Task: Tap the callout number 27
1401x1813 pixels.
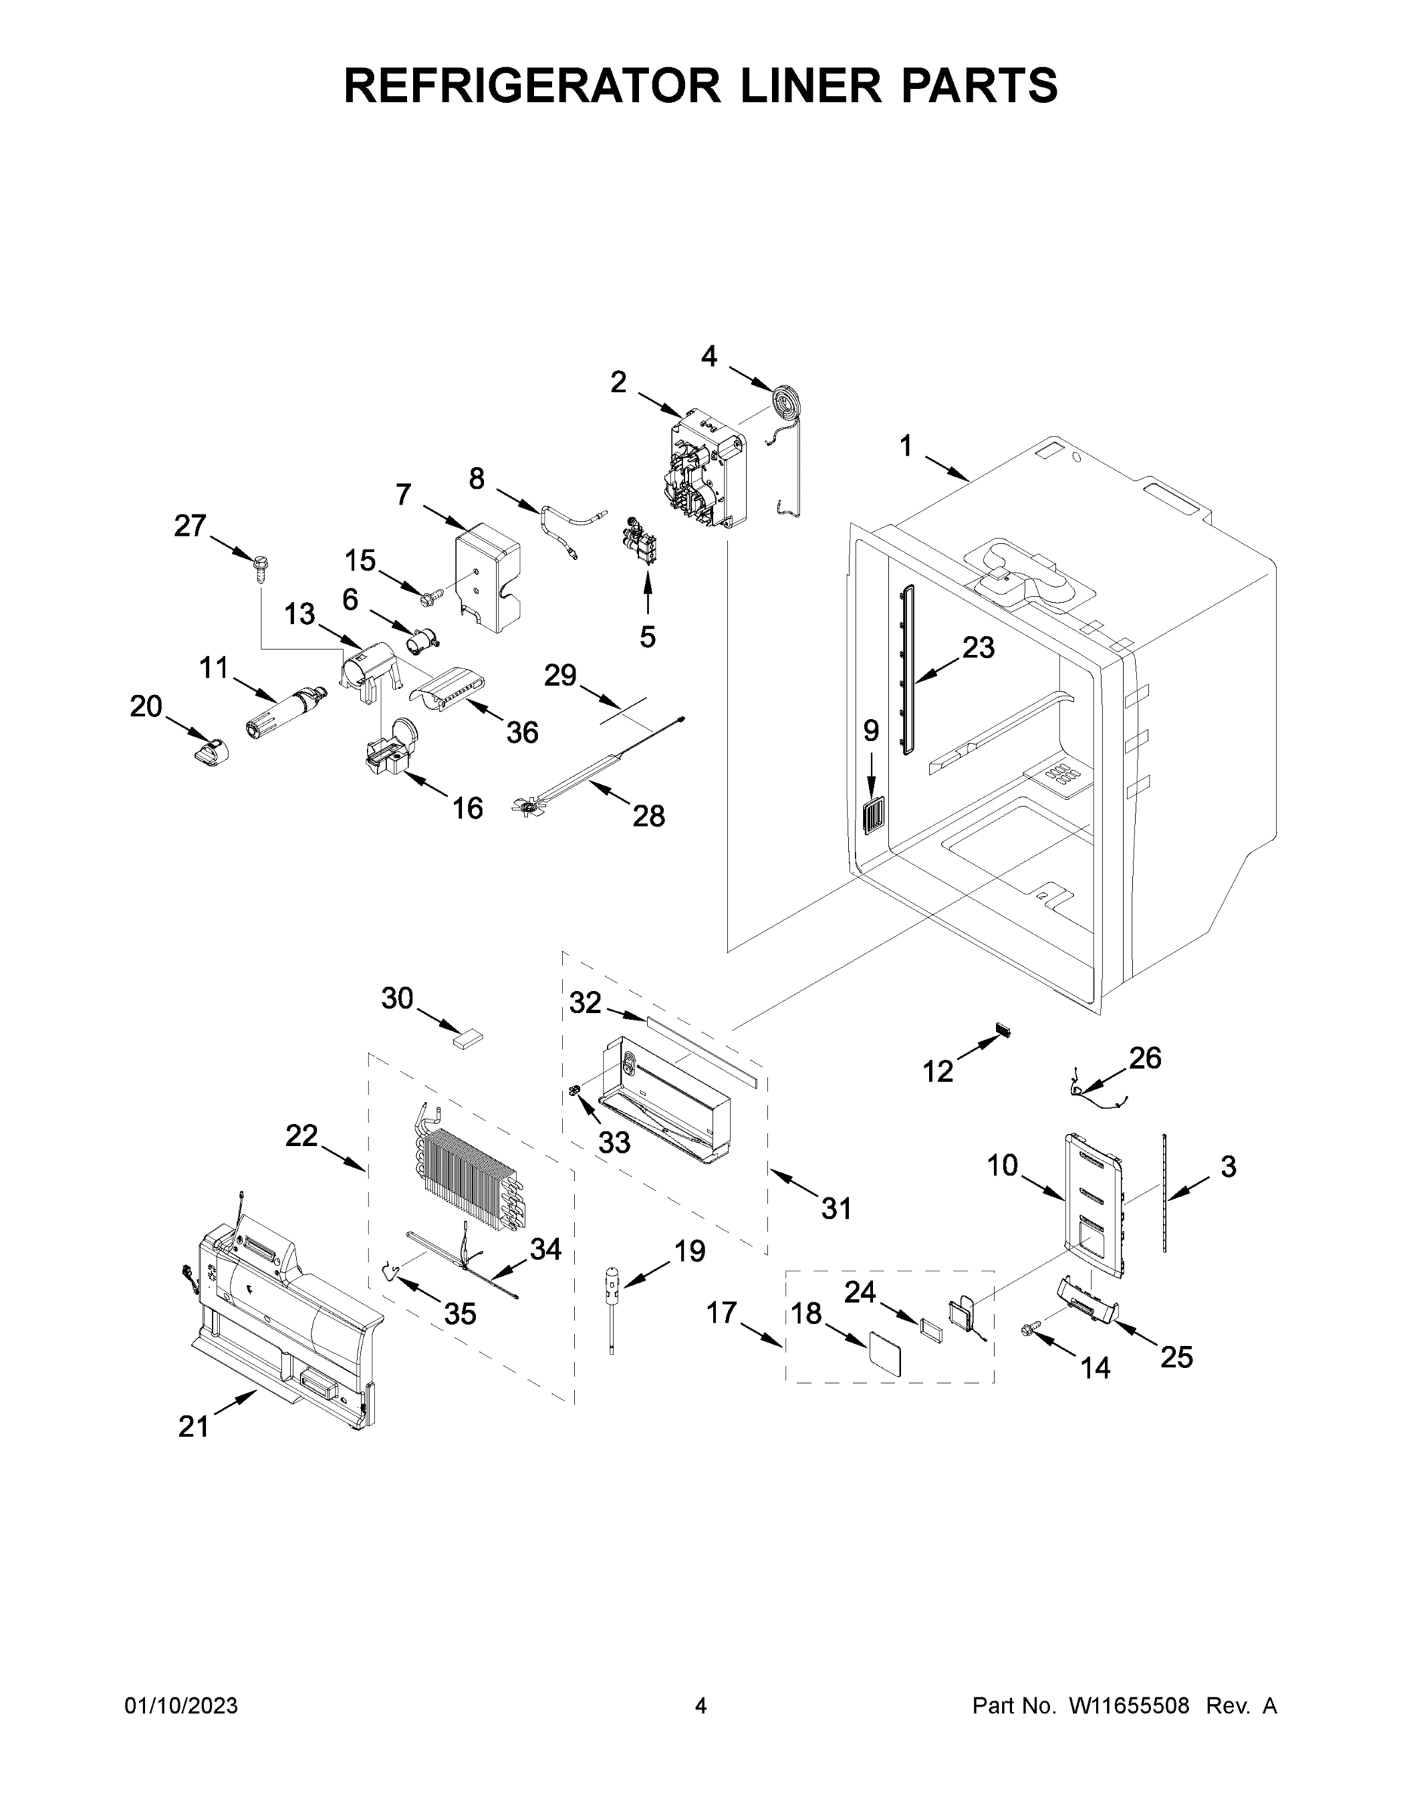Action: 190,525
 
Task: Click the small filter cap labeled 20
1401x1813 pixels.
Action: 210,753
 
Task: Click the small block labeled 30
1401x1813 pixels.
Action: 468,1038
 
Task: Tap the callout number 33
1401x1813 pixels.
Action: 614,1142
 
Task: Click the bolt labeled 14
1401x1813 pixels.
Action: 1029,1330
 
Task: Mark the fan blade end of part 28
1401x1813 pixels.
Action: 526,805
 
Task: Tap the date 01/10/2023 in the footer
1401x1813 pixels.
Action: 181,1705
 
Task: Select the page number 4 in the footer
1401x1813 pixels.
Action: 701,1705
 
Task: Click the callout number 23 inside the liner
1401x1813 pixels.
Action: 978,647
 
